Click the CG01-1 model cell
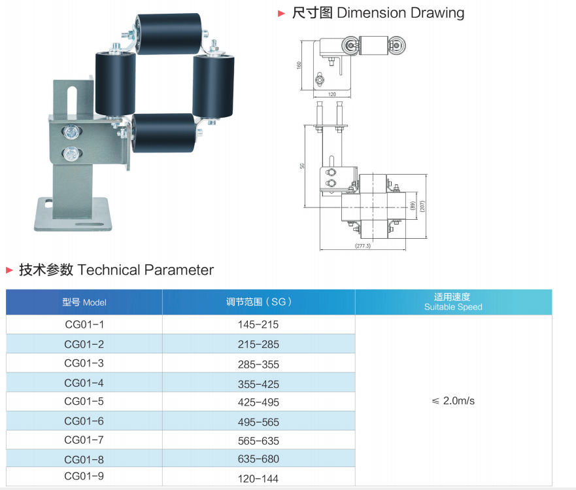click(x=84, y=324)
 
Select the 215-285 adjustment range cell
click(x=258, y=344)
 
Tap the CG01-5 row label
click(x=84, y=401)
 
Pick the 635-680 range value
click(x=258, y=459)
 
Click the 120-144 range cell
click(x=258, y=479)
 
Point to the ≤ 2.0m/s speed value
click(x=453, y=400)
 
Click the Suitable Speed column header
click(x=453, y=307)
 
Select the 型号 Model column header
click(x=84, y=302)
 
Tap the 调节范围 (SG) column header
click(x=259, y=302)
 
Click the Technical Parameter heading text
click(x=145, y=270)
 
